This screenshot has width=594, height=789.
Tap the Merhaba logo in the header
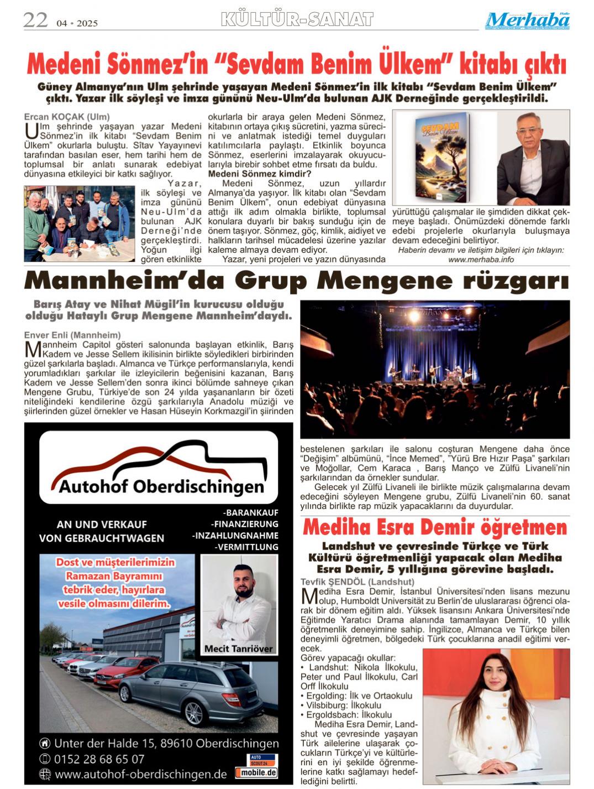[527, 21]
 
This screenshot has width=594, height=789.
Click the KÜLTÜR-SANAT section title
[297, 20]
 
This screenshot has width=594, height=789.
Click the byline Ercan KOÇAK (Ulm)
[67, 117]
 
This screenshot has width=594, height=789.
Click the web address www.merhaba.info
[481, 259]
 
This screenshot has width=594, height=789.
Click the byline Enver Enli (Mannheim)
[72, 335]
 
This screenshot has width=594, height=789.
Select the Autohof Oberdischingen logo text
[161, 486]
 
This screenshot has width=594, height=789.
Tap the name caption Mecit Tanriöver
[238, 648]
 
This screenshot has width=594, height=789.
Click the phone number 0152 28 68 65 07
[99, 759]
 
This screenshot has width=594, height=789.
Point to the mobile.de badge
[256, 772]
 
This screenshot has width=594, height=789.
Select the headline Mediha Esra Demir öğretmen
[434, 527]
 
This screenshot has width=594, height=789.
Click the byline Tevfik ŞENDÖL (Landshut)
[357, 582]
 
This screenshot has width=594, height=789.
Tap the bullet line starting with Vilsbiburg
[344, 705]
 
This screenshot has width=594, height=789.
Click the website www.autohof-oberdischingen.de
[140, 774]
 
